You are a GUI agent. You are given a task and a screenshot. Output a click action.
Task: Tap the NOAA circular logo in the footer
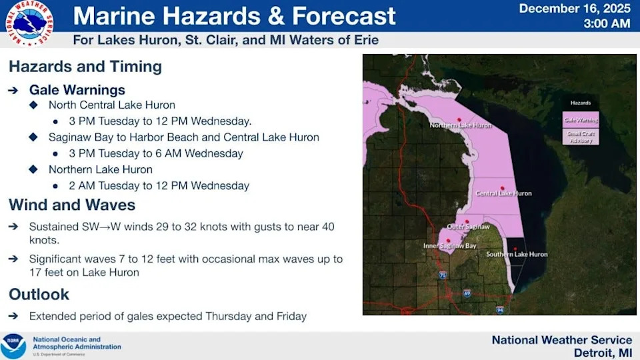tap(13, 347)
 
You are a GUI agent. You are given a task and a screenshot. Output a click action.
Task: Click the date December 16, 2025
tap(574, 9)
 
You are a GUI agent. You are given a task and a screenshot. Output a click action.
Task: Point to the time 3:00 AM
tap(607, 24)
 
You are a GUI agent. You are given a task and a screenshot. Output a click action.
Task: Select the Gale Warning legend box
tap(580, 121)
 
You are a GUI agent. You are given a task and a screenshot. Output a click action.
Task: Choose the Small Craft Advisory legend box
tap(580, 137)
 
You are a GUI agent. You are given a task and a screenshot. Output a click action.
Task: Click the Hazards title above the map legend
tap(580, 103)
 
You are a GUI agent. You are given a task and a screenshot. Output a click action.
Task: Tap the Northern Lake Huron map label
tap(461, 125)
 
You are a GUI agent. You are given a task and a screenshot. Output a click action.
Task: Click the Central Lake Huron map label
tap(503, 193)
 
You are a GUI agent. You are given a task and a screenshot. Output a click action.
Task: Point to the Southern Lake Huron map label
tap(517, 254)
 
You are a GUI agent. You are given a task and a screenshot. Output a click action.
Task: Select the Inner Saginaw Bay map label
tap(450, 246)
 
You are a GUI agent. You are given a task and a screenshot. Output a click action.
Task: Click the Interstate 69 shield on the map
tap(467, 293)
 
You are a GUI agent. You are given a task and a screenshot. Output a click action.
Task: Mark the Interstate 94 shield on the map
tap(500, 310)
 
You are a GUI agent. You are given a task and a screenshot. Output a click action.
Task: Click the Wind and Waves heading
tap(72, 205)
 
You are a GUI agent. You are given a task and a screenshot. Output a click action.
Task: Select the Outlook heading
tap(39, 294)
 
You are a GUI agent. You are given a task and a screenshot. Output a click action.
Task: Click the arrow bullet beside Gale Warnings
tap(13, 90)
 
